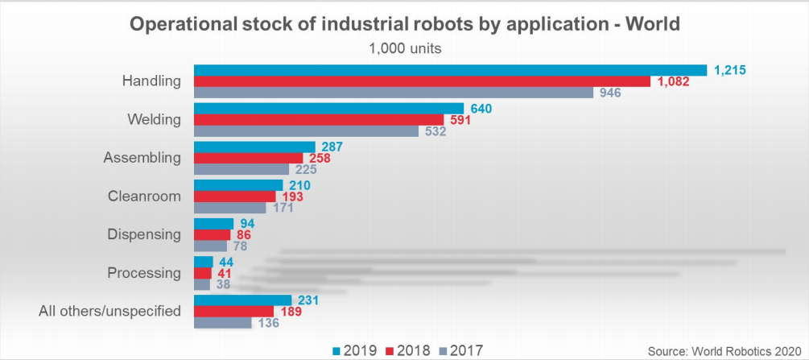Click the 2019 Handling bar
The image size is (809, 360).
(x=450, y=70)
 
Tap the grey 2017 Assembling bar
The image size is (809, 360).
(x=241, y=169)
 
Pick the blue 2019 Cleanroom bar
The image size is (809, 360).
(x=238, y=185)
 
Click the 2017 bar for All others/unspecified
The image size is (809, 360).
(x=223, y=323)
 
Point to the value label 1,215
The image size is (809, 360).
(x=730, y=70)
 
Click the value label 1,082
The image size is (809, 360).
(x=674, y=81)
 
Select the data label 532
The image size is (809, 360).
(x=435, y=131)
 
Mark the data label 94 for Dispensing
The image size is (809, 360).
(x=247, y=223)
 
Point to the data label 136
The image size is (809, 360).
(x=268, y=323)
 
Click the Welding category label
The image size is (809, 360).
(x=154, y=119)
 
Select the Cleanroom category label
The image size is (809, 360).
(x=144, y=196)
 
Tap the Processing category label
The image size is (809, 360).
(x=144, y=272)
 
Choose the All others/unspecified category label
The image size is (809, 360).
(x=110, y=311)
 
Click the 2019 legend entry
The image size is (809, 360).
(x=354, y=350)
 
